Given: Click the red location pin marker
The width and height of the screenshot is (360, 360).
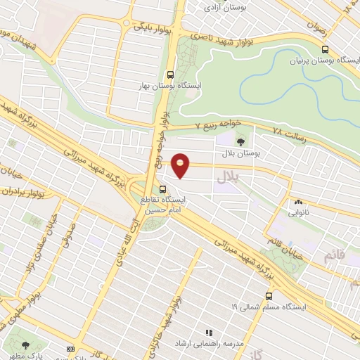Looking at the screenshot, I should click(x=181, y=165).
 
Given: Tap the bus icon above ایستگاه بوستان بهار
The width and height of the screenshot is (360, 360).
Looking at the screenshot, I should click(x=170, y=73).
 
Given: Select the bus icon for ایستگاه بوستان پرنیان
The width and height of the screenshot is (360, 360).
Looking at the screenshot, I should click(x=324, y=49).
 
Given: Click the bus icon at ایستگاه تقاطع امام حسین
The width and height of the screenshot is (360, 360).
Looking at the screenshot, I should click(x=163, y=188).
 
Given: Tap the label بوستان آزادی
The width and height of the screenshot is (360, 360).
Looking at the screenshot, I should click(x=221, y=8).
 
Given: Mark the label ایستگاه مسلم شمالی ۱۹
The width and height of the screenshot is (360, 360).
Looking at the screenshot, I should click(x=264, y=307).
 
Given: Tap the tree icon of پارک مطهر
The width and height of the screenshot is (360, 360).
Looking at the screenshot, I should click(x=26, y=345).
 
